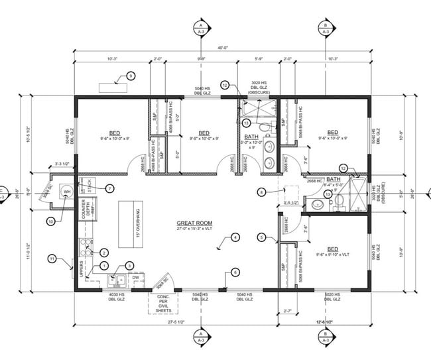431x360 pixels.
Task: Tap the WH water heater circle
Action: [66, 192]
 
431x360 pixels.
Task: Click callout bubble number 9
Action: [131, 76]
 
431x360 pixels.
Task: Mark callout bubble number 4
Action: [235, 237]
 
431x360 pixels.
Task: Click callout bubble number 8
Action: [261, 192]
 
